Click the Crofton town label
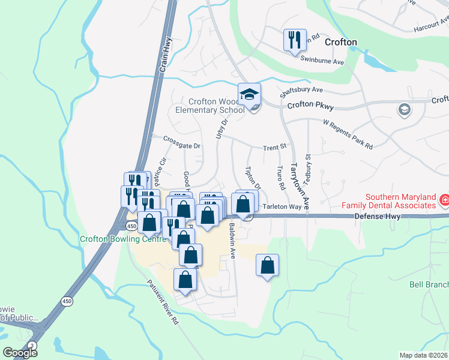pos(340,42)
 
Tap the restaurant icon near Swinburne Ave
pos(295,41)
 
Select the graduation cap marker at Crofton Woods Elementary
pos(249,95)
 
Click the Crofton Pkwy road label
pos(310,104)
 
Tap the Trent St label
pos(276,147)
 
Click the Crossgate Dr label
pos(181,142)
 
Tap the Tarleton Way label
pos(282,206)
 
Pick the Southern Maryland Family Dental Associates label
pos(401,201)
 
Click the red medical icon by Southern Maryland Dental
pos(445,199)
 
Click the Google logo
pos(20,353)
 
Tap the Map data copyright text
pos(424,355)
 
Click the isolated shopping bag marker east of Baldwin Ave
pos(267,265)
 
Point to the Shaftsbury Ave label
pos(301,92)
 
